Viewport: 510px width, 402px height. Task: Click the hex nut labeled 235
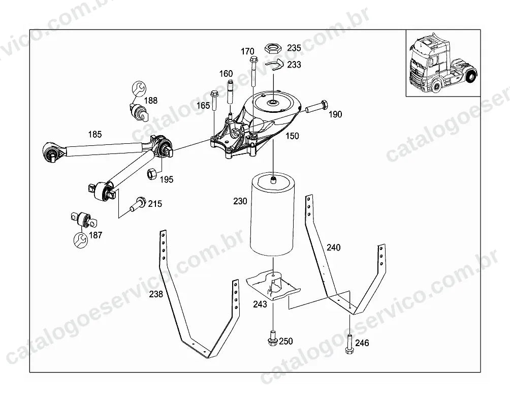(272, 48)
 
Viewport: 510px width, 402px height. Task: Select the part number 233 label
(294, 65)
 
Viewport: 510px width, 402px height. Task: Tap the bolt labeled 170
(253, 72)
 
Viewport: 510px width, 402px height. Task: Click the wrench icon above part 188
(139, 88)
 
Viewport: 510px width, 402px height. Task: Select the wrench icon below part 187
(80, 239)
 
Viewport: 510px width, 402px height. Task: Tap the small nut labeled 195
(152, 173)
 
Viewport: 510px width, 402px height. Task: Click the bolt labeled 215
(138, 204)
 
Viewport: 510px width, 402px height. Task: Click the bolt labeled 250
(273, 338)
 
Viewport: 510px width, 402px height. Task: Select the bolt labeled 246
(349, 344)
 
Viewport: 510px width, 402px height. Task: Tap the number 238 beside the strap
(156, 294)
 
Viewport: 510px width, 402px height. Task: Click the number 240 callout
(333, 248)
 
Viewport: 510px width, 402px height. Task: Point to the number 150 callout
(292, 136)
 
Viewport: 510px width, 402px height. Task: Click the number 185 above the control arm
(95, 134)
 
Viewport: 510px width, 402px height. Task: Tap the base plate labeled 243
(273, 286)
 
